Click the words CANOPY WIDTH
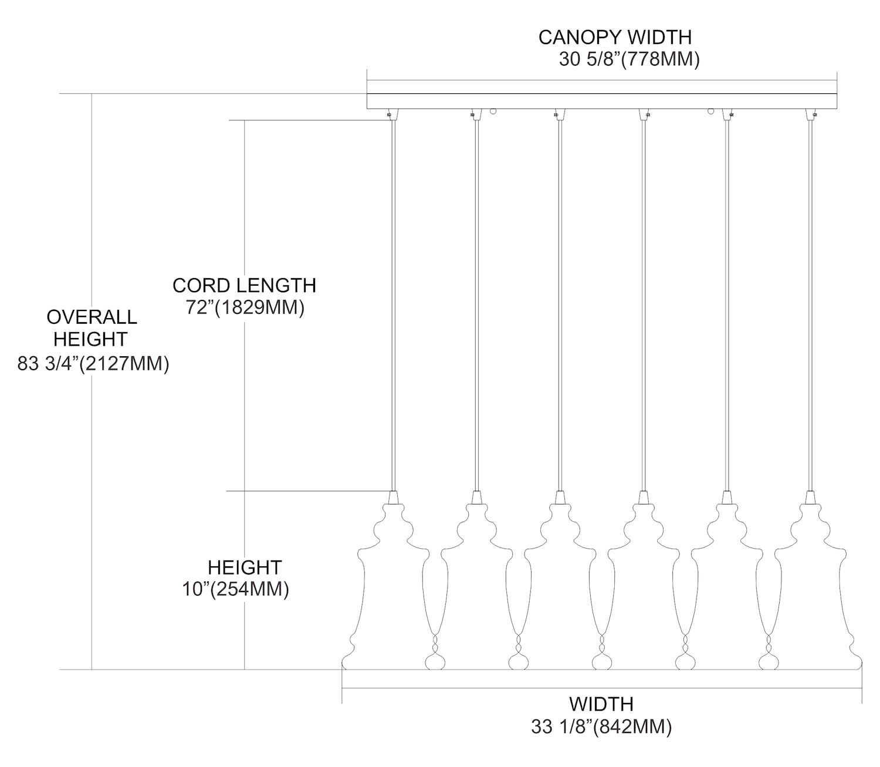[x=615, y=37]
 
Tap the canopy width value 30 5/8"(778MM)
[x=629, y=60]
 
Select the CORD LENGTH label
[x=244, y=285]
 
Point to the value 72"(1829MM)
[x=245, y=308]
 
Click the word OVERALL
[x=92, y=317]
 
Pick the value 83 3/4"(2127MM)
[x=93, y=364]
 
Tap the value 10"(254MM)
[x=235, y=589]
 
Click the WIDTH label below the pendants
[x=601, y=703]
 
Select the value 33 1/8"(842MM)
[x=601, y=727]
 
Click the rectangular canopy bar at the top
[x=601, y=101]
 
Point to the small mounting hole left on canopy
[x=493, y=111]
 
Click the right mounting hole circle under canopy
[x=711, y=111]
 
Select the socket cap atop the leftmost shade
[x=393, y=497]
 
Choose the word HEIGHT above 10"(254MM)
[x=245, y=567]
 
